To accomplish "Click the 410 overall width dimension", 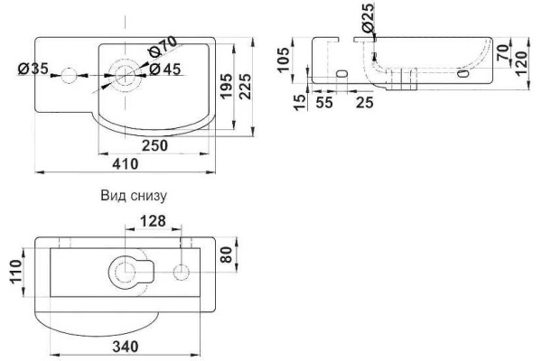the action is tap(126, 163).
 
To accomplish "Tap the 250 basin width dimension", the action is tap(155, 145).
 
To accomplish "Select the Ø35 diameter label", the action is tap(33, 69).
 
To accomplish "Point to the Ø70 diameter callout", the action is tap(163, 47).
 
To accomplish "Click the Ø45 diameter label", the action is tap(165, 69).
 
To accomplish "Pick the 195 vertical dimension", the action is tap(227, 86).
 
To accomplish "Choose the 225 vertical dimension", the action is tap(246, 86).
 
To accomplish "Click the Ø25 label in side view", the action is tap(369, 17).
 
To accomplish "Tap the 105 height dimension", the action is tap(284, 60).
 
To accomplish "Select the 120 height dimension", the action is tap(521, 63).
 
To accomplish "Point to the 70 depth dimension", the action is tap(504, 52).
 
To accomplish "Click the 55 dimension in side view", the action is tap(324, 102).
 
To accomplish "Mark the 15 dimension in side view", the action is tap(301, 103).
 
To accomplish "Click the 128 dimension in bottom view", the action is tap(154, 221).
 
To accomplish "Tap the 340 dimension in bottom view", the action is tap(126, 347).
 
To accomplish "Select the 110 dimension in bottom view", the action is tap(16, 272).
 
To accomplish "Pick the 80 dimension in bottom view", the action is tap(227, 255).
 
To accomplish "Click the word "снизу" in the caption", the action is tap(149, 196).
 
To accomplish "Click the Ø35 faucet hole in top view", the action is tap(69, 75).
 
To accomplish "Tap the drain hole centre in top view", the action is tap(125, 75).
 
